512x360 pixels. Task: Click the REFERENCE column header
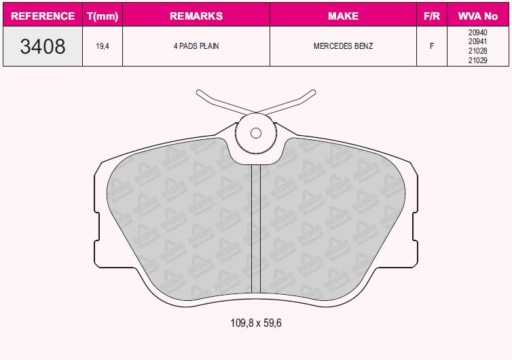pos(43,16)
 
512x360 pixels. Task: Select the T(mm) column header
pos(103,16)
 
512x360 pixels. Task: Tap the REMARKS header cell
pos(196,16)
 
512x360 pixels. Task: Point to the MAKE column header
pos(343,16)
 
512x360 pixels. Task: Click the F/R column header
pos(432,16)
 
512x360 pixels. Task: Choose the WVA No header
pos(478,16)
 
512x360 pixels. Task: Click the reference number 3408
pos(43,46)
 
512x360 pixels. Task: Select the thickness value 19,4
pos(103,46)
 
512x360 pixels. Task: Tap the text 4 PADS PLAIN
pos(196,46)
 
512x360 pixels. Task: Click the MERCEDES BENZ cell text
pos(343,46)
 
